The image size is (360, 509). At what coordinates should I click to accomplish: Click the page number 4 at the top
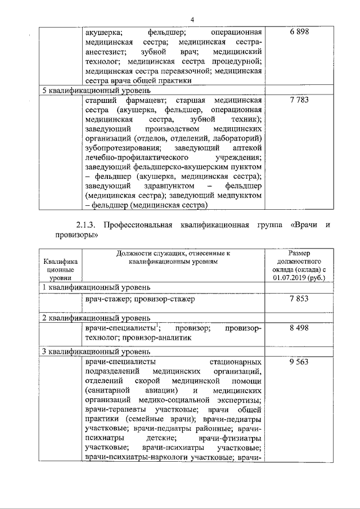pos(192,20)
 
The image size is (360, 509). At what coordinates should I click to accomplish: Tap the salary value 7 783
pos(299,100)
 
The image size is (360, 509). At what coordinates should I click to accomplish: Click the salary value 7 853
pos(299,299)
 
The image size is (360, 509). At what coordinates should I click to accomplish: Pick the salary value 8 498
pos(299,328)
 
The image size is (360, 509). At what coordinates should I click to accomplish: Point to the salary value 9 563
pos(299,362)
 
